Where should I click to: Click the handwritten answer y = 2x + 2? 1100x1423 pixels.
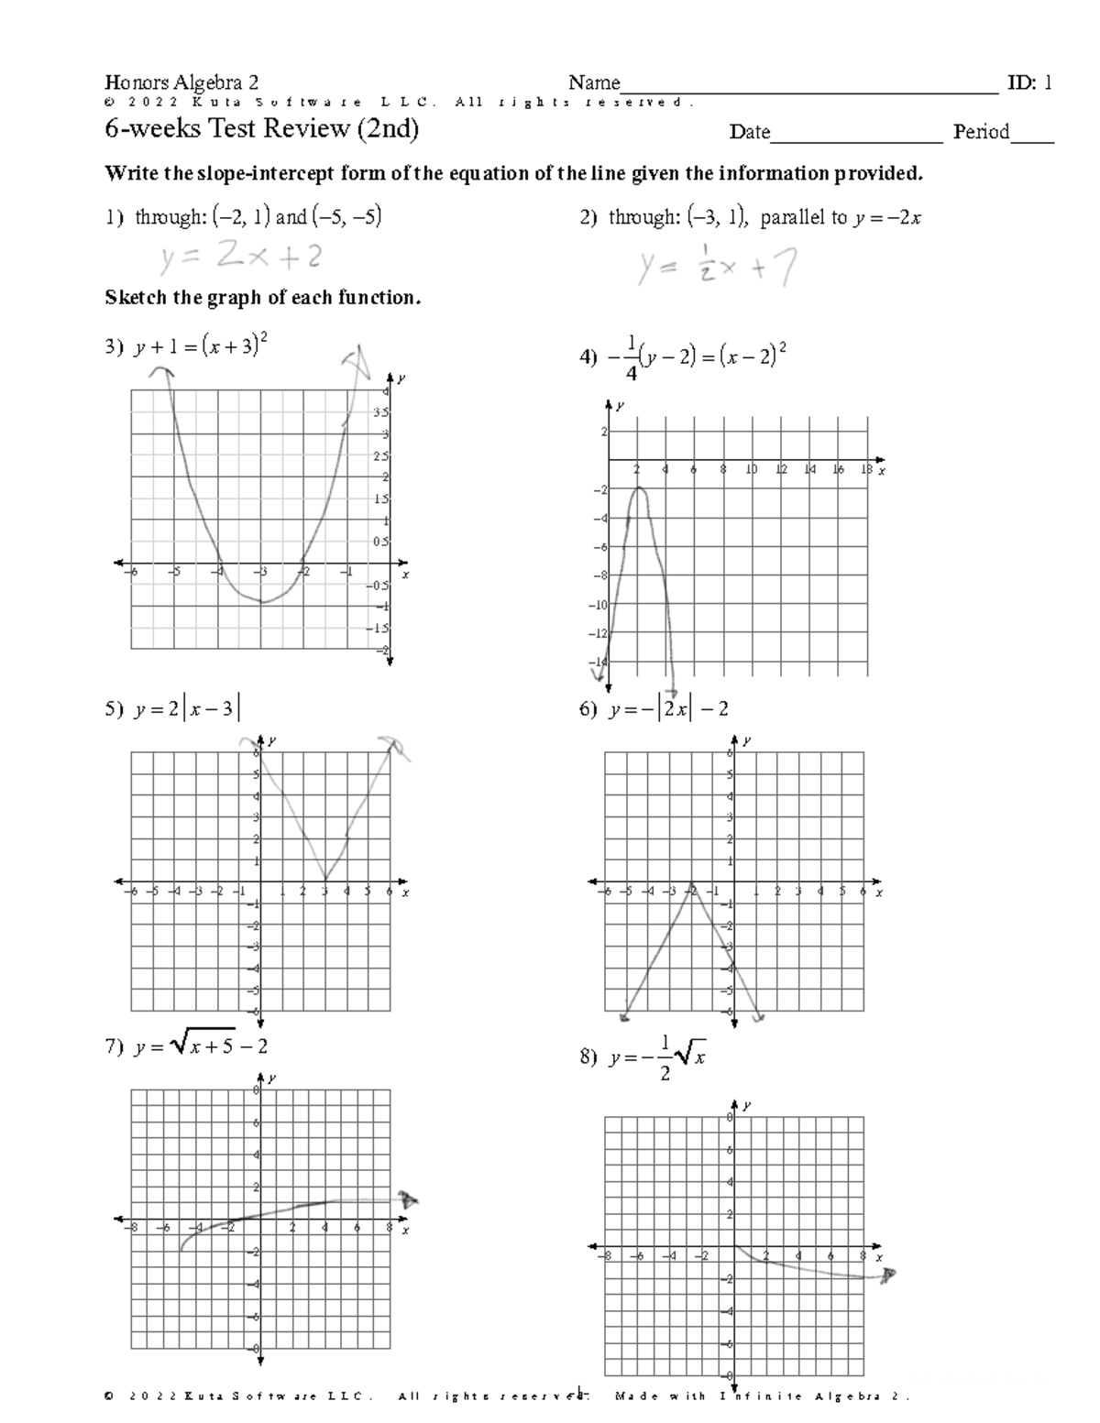coord(240,258)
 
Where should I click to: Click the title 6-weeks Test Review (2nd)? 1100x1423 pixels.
coord(261,129)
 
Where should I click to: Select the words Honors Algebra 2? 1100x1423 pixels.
coord(181,83)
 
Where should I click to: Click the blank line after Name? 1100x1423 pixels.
coord(808,88)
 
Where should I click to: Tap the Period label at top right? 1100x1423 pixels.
coord(981,132)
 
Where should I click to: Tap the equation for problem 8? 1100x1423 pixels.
coord(656,1057)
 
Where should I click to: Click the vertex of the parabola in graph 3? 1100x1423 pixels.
coord(263,602)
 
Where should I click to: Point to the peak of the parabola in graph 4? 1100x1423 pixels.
coord(639,488)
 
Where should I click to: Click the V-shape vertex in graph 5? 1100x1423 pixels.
coord(324,881)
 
